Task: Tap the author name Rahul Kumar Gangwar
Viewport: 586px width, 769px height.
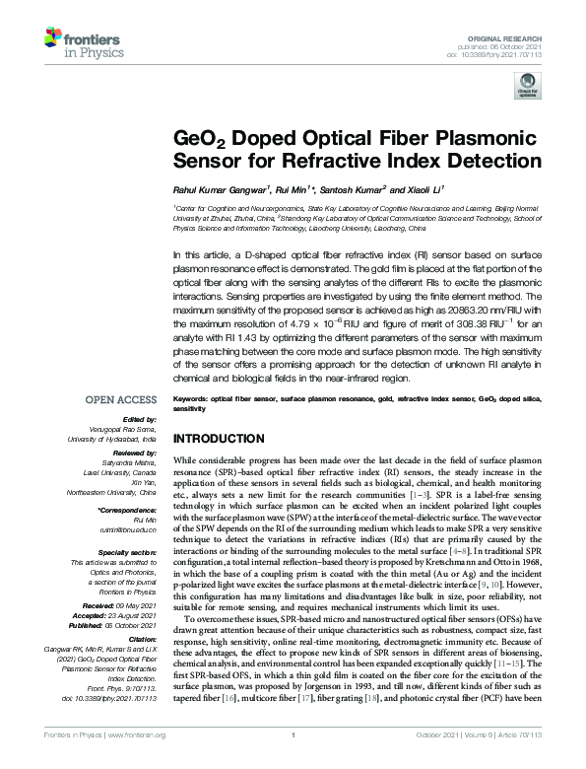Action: click(218, 187)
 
